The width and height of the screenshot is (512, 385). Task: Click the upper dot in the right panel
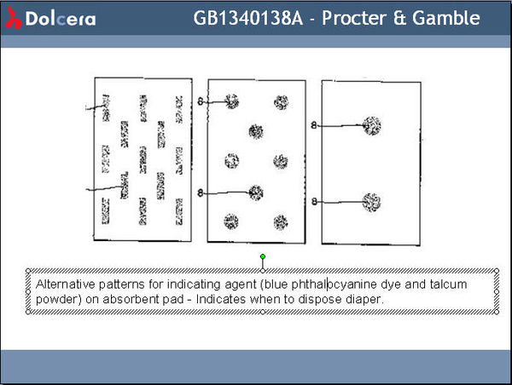click(x=370, y=126)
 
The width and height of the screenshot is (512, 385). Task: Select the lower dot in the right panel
click(x=370, y=202)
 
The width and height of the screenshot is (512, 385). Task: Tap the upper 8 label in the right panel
click(x=314, y=126)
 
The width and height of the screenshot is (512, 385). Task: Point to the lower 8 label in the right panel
click(x=314, y=202)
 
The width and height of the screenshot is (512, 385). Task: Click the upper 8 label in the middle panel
click(x=201, y=101)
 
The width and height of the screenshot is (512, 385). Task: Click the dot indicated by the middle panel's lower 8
click(x=255, y=192)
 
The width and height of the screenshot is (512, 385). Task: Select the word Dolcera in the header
click(x=60, y=19)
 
